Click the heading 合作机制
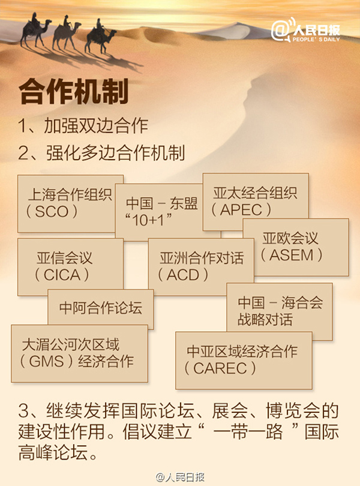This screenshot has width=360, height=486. [x=73, y=91]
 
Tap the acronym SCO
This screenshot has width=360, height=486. [x=52, y=212]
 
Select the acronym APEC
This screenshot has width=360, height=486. [x=241, y=210]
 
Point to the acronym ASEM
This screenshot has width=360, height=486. [x=292, y=255]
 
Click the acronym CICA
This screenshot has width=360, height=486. [x=62, y=275]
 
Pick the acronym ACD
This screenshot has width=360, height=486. [x=183, y=275]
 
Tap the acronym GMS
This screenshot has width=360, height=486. [x=47, y=361]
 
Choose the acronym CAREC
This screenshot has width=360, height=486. [x=220, y=368]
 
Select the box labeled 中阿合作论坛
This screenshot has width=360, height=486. [x=101, y=309]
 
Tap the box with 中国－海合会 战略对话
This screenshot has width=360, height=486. [x=280, y=311]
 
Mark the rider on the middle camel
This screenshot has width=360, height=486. [x=66, y=22]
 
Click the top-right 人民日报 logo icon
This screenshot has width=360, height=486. [x=281, y=31]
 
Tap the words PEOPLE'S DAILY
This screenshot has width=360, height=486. [x=316, y=40]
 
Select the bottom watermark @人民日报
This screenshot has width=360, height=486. [x=180, y=478]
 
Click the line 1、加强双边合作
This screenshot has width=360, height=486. [x=83, y=126]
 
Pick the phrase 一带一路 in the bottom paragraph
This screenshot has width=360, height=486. [x=248, y=432]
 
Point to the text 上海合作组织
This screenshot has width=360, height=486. [x=70, y=194]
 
